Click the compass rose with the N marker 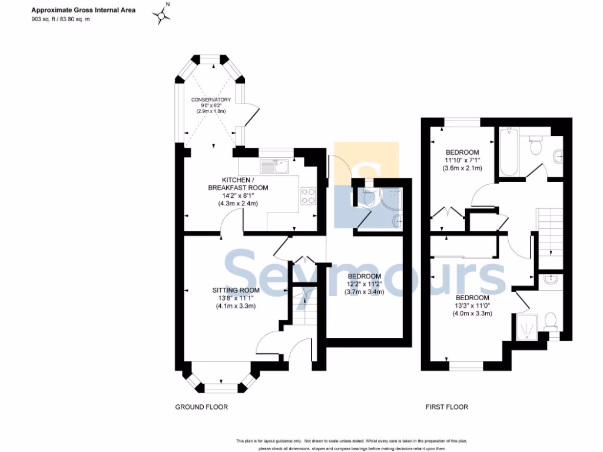tap(163, 16)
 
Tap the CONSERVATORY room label tap(211, 100)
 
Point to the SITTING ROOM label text tap(236, 290)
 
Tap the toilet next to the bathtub tap(535, 144)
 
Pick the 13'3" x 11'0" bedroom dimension tap(472, 305)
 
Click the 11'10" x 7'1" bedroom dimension tap(462, 159)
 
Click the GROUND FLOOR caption tap(201, 407)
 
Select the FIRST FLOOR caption tap(447, 407)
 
